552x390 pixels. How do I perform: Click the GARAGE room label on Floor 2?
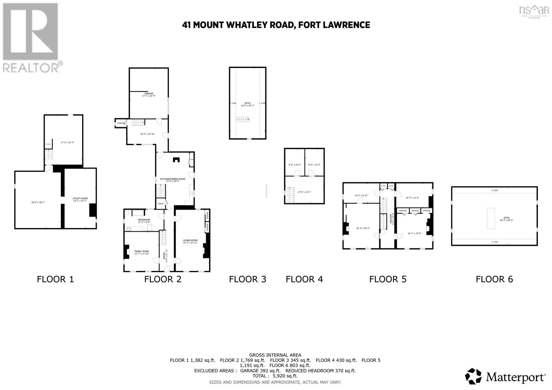[149, 93]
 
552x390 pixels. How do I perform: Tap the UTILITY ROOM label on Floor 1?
[80, 198]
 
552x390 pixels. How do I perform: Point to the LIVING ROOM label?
[190, 240]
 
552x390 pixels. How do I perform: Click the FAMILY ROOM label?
[141, 251]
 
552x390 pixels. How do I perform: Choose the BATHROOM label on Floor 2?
[144, 220]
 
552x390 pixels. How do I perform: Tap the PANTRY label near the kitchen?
[160, 204]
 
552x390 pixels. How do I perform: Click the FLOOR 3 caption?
[247, 279]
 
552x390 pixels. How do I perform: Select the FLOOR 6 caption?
[494, 279]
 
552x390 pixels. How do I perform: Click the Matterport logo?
[505, 376]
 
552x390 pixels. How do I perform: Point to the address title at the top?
[276, 25]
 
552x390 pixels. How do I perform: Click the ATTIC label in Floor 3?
[247, 103]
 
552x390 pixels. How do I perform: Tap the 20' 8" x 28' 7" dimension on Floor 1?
[38, 202]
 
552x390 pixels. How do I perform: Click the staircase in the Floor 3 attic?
[243, 119]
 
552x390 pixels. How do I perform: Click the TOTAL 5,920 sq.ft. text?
[275, 376]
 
